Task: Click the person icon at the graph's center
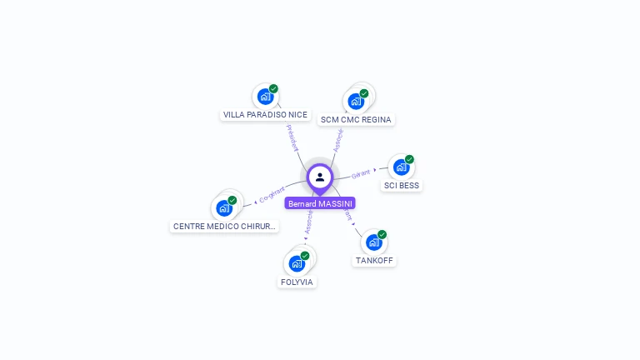coord(320,177)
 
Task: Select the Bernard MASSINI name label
coord(320,203)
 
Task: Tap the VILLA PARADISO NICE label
coord(265,115)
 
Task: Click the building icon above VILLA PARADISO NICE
coord(265,96)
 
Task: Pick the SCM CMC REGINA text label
coord(356,120)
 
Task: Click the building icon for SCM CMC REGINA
coord(356,102)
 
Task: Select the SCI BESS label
coord(401,186)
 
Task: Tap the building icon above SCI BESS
coord(401,167)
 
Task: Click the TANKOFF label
coord(374,261)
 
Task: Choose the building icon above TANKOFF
coord(373,242)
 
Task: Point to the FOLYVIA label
coord(297,282)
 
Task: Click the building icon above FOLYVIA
coord(297,263)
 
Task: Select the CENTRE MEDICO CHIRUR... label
coord(224,227)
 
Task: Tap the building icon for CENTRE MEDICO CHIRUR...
coord(224,207)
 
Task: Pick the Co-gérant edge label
coord(272,195)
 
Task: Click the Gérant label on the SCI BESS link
coord(361,173)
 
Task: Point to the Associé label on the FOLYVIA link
coord(308,222)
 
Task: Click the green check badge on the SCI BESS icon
coord(409,159)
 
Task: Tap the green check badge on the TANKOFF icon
coord(382,234)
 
